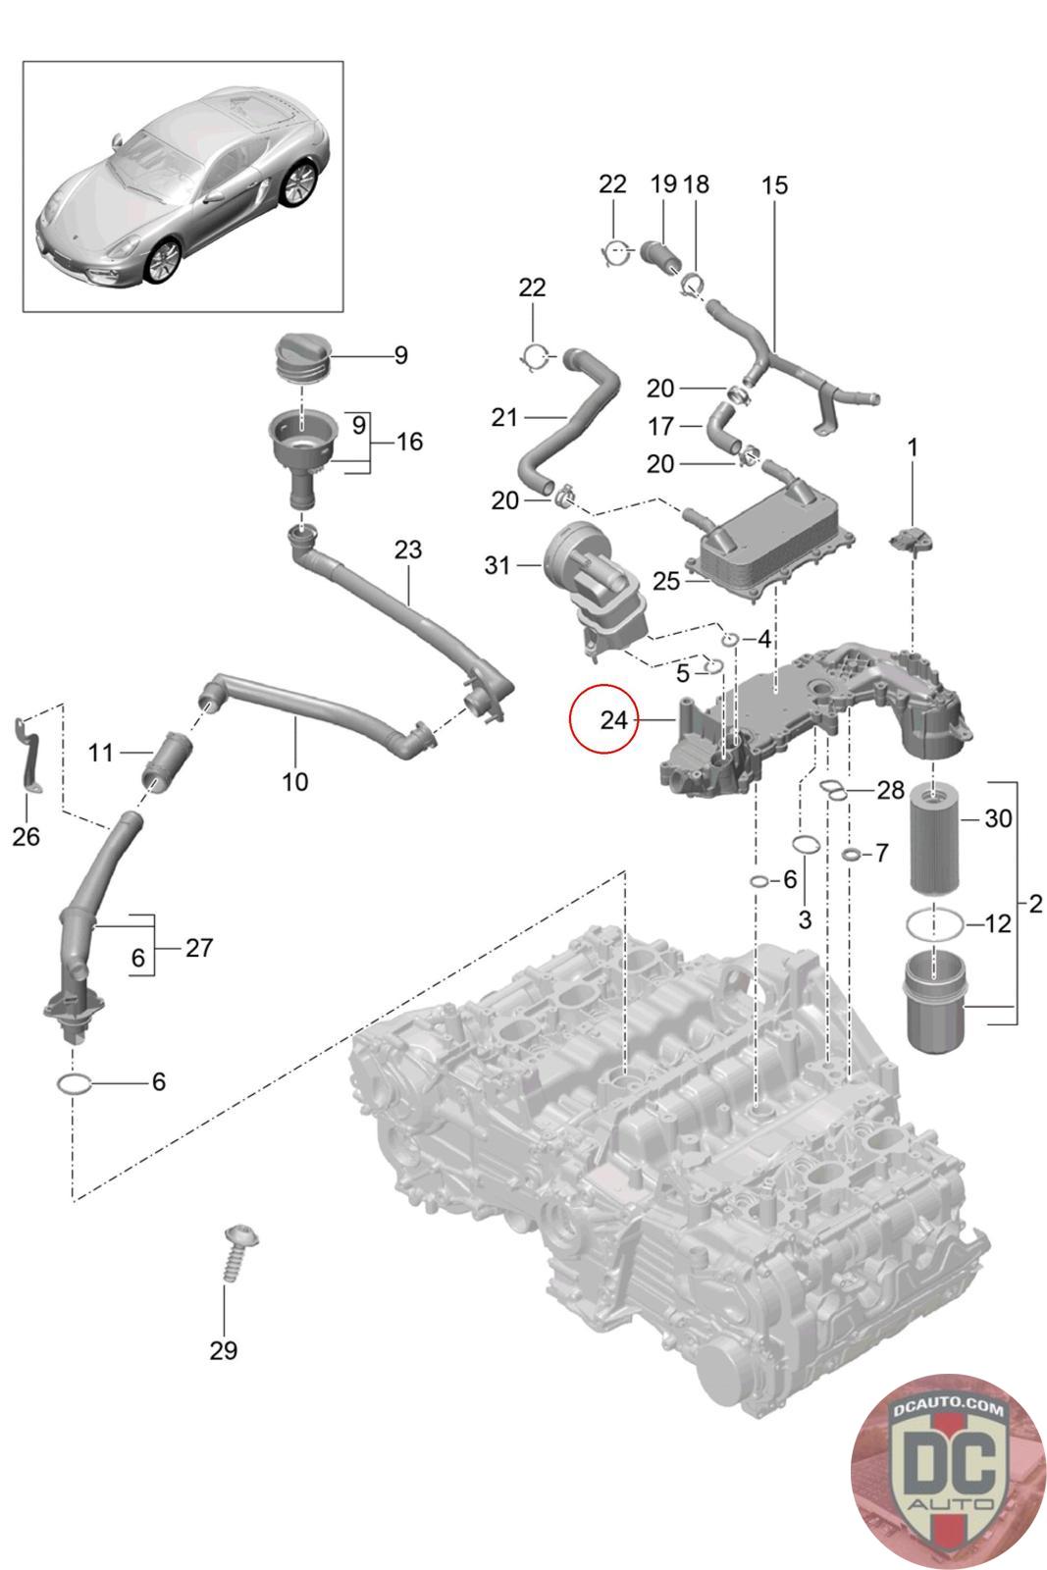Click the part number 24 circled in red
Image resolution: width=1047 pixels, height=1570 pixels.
point(613,720)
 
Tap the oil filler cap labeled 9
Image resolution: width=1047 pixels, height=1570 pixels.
point(303,358)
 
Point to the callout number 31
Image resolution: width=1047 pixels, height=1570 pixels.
point(497,565)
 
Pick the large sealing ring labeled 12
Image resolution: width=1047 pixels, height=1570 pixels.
point(935,925)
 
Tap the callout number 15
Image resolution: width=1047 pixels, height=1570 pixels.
point(774,185)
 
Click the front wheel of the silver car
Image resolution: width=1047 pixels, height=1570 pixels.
point(163,262)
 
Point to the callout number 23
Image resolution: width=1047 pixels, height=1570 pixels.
point(408,549)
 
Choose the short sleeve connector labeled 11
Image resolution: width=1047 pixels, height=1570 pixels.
point(168,761)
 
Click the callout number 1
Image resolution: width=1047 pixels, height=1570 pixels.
point(913,447)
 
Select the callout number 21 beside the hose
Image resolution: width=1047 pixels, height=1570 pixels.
point(504,418)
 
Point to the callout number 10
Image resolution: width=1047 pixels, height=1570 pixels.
point(295,781)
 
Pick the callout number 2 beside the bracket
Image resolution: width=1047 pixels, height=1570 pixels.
point(1035,903)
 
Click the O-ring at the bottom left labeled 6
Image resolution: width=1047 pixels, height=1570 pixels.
point(74,1084)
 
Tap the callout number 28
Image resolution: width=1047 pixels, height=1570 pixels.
point(890,791)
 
